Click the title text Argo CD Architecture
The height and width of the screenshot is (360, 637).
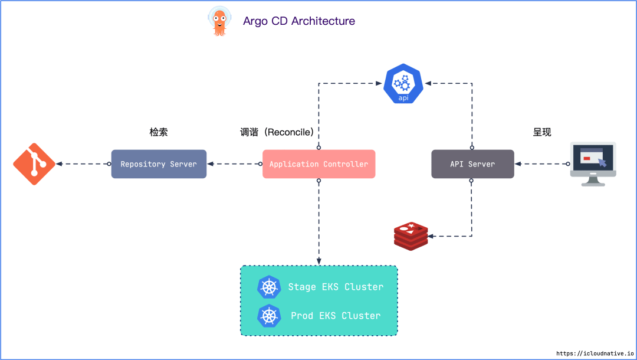pos(299,21)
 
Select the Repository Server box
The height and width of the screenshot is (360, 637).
pos(159,164)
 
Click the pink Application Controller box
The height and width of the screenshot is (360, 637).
pos(318,164)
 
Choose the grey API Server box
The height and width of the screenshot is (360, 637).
pos(472,164)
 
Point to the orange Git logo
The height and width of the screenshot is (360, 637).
pos(34,164)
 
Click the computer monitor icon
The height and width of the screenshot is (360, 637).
pos(593,163)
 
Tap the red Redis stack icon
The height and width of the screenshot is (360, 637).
pos(410,235)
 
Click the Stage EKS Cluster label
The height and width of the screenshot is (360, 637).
pos(336,287)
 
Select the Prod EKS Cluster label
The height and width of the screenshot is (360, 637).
pos(336,316)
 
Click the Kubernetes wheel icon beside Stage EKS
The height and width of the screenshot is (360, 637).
pos(270,287)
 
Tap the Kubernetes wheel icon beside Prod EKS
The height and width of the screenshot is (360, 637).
pos(270,316)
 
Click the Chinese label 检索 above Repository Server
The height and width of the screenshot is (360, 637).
pos(159,132)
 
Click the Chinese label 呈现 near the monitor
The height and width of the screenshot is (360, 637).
pos(542,132)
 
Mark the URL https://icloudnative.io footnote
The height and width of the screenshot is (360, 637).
pos(594,353)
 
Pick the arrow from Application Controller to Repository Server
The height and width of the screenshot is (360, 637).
pos(234,164)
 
